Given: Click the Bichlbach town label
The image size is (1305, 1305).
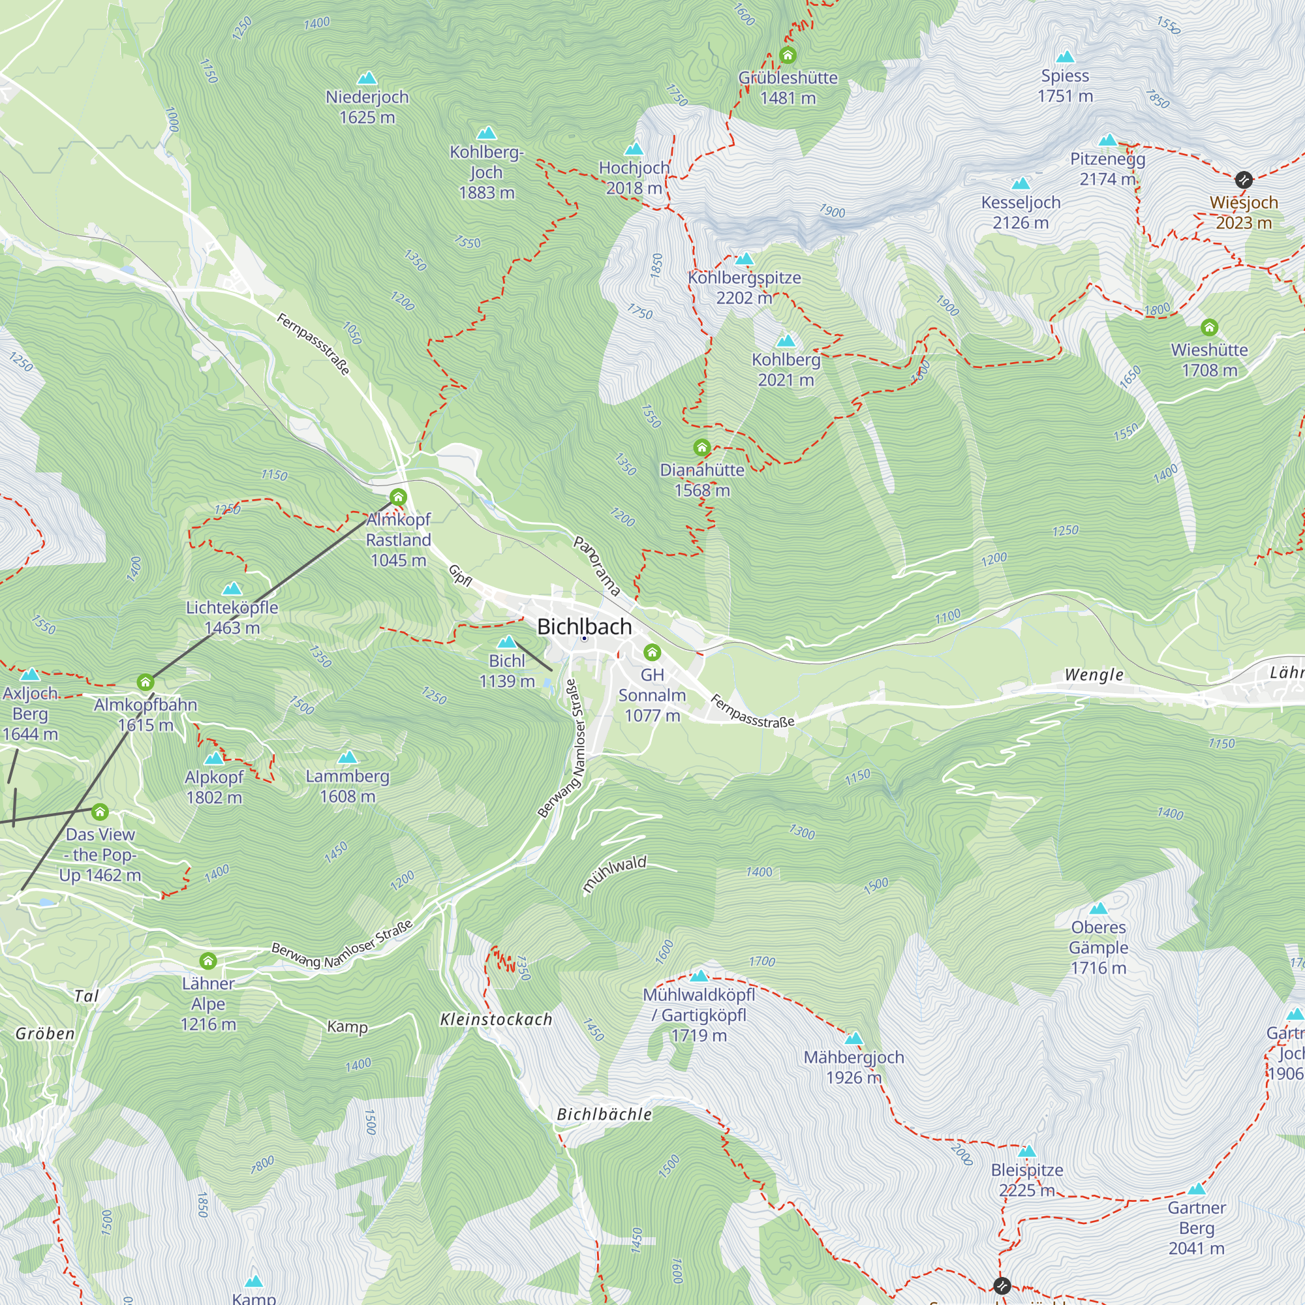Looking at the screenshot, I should click(584, 627).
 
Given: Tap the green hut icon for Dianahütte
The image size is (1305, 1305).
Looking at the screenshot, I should click(702, 447).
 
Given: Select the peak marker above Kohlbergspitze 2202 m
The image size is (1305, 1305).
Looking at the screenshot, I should click(745, 258).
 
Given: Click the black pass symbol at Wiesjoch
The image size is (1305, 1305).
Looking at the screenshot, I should click(1244, 179).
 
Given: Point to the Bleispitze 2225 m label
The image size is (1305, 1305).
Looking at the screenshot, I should click(1026, 1179).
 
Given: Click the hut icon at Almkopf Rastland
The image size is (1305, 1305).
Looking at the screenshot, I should click(399, 498).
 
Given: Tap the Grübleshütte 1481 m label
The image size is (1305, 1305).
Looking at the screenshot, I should click(788, 88).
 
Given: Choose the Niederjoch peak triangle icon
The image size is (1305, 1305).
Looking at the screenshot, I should click(367, 78).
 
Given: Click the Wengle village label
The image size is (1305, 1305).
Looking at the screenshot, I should click(1094, 675).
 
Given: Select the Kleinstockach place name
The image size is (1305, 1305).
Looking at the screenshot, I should click(497, 1019).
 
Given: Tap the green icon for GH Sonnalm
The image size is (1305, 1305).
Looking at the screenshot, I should click(652, 652).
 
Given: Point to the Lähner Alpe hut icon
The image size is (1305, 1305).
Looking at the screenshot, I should click(208, 960).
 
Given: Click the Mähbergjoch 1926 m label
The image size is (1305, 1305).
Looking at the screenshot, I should click(853, 1067).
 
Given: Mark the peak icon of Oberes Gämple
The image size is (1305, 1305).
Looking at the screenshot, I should click(1098, 908).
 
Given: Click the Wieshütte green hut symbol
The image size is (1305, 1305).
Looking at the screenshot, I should click(1209, 328).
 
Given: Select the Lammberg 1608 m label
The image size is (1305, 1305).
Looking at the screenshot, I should click(347, 786).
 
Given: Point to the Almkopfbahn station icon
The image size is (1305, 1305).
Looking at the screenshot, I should click(146, 683).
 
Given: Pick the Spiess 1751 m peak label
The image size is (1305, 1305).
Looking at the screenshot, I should click(1066, 85).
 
